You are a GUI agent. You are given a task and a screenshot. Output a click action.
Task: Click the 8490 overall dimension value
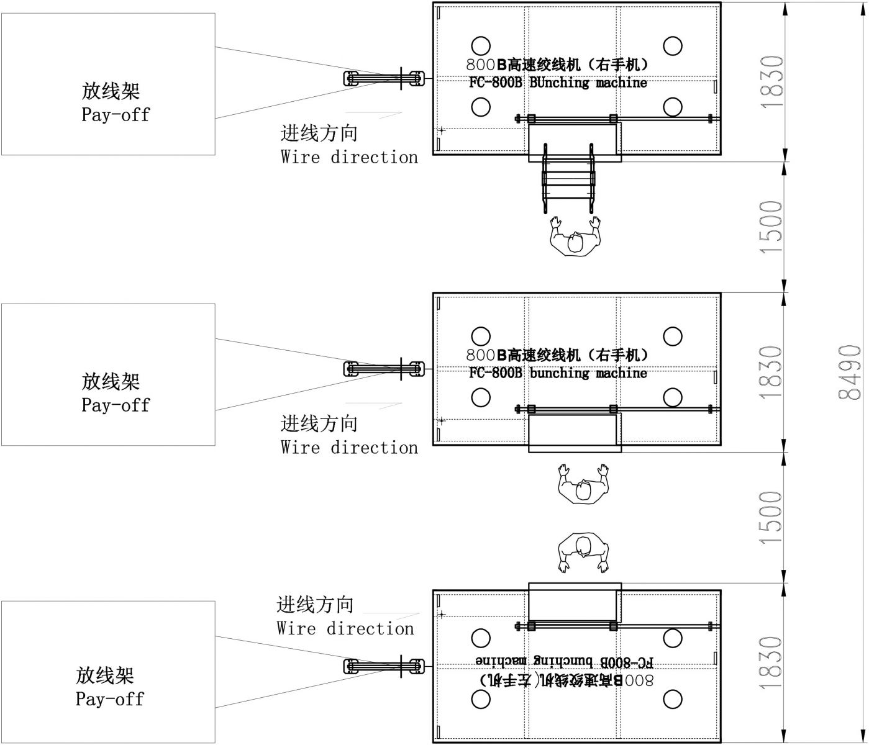pyautogui.click(x=850, y=372)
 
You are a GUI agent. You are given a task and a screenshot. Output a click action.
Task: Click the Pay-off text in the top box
pyautogui.click(x=116, y=115)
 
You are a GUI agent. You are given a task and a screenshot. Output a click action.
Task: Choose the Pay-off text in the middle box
pyautogui.click(x=116, y=405)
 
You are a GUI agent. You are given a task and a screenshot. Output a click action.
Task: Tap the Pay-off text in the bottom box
pyautogui.click(x=109, y=700)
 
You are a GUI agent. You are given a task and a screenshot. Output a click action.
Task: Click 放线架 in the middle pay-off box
pyautogui.click(x=111, y=381)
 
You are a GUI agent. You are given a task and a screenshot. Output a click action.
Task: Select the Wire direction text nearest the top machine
pyautogui.click(x=349, y=157)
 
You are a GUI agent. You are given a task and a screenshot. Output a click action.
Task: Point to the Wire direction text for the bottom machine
pyautogui.click(x=345, y=629)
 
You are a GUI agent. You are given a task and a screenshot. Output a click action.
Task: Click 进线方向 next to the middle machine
pyautogui.click(x=319, y=424)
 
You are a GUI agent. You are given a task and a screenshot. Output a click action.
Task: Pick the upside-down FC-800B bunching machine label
pyautogui.click(x=564, y=661)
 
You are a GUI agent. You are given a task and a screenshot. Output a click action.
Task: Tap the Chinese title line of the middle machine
pyautogui.click(x=557, y=355)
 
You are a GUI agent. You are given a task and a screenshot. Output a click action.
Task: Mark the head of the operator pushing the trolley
pyautogui.click(x=575, y=243)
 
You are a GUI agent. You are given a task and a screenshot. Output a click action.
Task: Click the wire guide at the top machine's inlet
pyautogui.click(x=384, y=78)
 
